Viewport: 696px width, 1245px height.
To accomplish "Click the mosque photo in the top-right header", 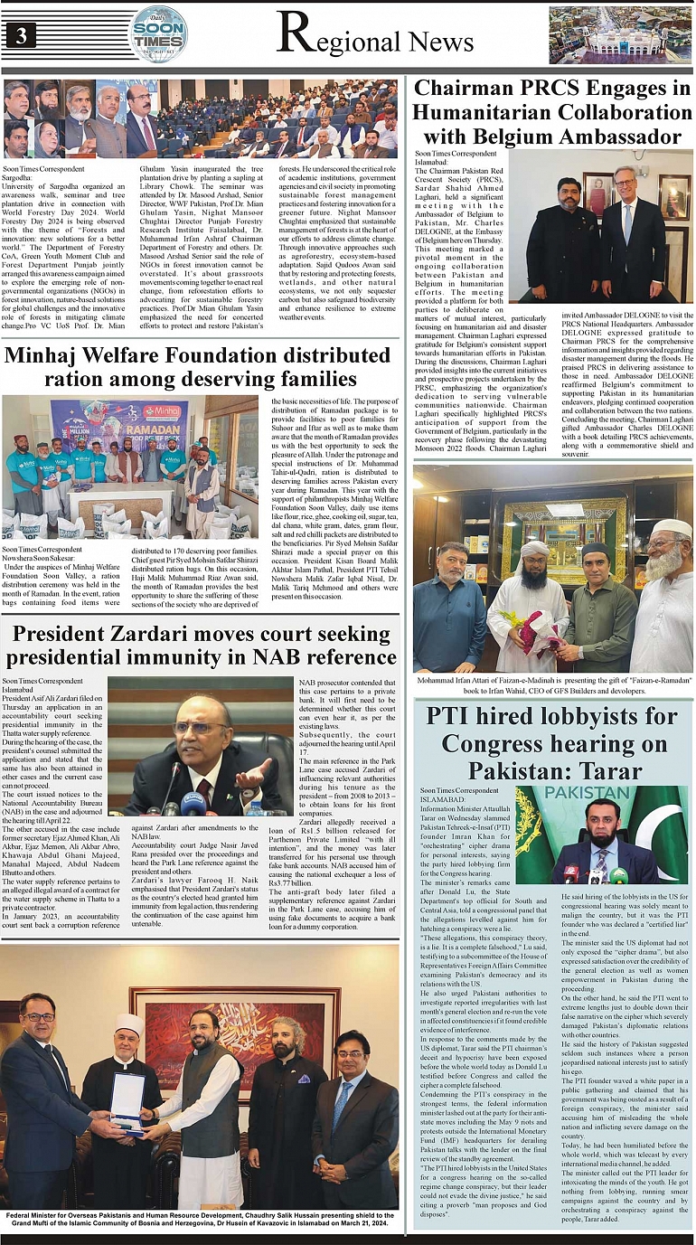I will pyautogui.click(x=618, y=35).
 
